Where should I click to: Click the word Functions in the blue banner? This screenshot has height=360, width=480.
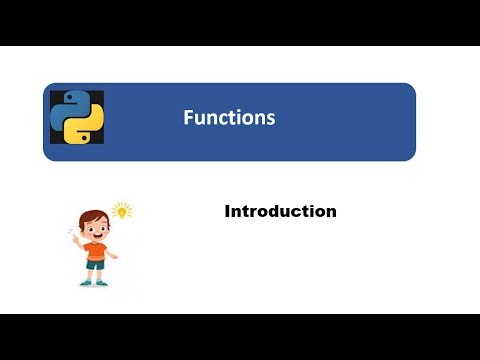[229, 117]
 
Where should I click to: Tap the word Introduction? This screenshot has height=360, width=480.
[280, 211]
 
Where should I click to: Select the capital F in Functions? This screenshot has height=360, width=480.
[188, 117]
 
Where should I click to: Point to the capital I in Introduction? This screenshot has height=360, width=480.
[228, 211]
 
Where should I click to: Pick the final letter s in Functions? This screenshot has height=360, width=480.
[271, 119]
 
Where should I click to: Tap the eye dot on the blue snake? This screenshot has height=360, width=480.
[70, 97]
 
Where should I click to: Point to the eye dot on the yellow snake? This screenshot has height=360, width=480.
[84, 138]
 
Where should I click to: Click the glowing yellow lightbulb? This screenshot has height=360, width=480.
[122, 211]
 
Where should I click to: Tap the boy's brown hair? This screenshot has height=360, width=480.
[93, 217]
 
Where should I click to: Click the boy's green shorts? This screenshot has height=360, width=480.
[95, 265]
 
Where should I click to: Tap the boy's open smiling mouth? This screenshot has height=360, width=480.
[97, 236]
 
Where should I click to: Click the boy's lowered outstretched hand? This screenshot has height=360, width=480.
[114, 256]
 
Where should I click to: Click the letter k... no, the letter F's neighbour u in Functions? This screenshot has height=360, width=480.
[199, 120]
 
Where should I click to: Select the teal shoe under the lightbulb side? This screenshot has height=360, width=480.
[102, 283]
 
